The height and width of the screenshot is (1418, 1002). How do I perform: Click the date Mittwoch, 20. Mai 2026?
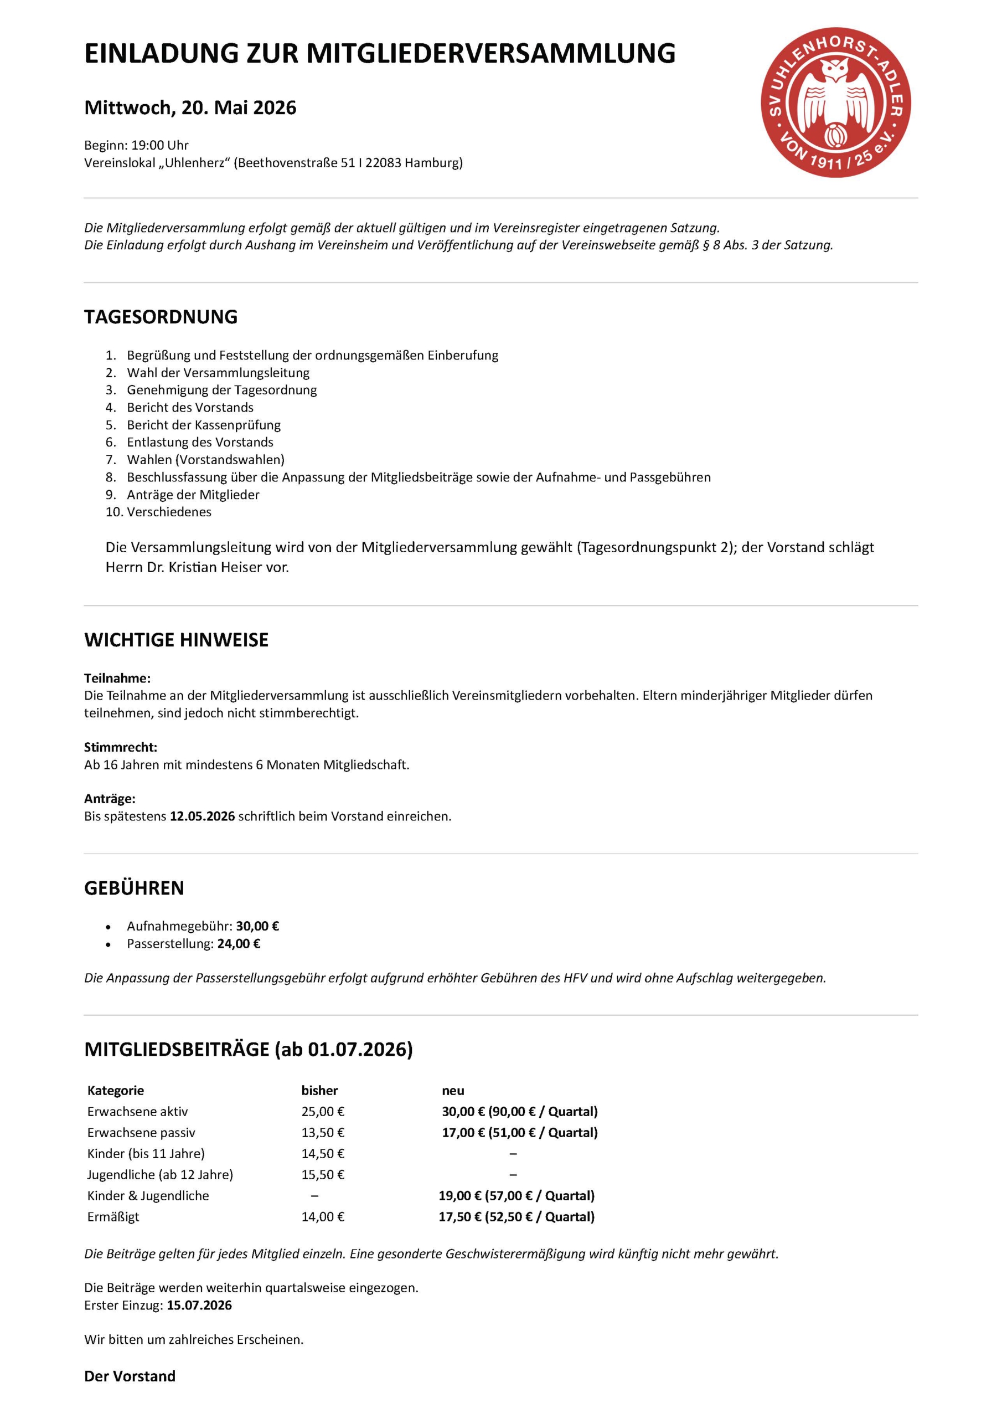[190, 108]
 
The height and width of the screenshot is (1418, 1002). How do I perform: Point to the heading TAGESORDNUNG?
[161, 317]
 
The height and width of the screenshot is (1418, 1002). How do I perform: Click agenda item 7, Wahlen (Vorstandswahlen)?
[205, 460]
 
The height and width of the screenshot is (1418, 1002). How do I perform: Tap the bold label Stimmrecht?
[120, 747]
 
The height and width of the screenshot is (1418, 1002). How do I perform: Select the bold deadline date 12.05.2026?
[203, 816]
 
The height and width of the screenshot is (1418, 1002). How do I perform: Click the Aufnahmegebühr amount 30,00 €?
[257, 926]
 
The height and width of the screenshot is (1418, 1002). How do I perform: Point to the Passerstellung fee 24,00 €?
[239, 944]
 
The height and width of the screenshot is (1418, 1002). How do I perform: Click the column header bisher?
[319, 1091]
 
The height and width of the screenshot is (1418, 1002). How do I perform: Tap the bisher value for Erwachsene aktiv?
[323, 1112]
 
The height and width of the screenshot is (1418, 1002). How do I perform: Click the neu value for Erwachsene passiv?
[519, 1133]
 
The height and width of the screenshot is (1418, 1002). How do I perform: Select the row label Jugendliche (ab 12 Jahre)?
[160, 1175]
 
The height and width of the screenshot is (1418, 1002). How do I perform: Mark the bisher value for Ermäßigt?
[323, 1217]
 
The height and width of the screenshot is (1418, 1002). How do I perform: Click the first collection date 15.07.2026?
[199, 1305]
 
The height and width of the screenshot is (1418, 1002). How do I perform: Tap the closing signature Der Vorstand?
[130, 1376]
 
